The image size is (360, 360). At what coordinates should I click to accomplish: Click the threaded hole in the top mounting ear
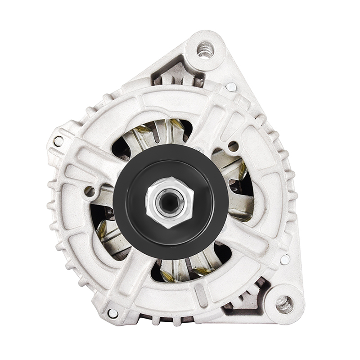tap(205, 49)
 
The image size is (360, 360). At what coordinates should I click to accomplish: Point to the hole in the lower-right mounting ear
tap(284, 304)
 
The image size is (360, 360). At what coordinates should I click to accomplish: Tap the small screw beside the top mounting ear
tap(231, 87)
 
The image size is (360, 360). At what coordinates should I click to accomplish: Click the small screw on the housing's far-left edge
tap(58, 141)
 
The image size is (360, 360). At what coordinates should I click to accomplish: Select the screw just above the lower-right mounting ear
tap(284, 259)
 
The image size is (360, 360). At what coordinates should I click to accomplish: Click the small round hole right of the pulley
tap(233, 146)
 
